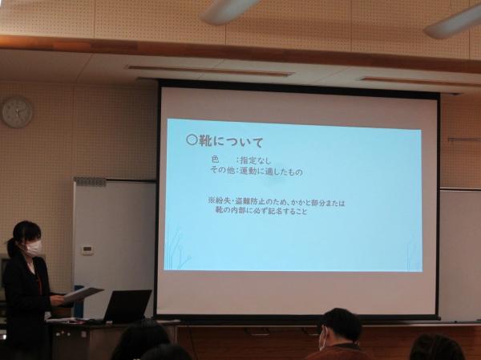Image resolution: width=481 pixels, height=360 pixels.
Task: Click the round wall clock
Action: tap(17, 112)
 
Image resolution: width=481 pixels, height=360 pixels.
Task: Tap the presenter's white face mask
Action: tap(33, 248)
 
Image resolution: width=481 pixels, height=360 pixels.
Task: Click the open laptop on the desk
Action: tap(127, 305)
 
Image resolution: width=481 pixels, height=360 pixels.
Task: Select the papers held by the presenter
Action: tap(83, 293)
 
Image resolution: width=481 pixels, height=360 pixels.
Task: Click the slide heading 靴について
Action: tap(232, 142)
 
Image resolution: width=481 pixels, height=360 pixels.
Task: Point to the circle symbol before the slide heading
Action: tap(191, 140)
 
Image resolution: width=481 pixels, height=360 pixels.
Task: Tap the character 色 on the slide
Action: tap(215, 160)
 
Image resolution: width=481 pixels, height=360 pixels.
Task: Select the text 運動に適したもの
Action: tap(271, 172)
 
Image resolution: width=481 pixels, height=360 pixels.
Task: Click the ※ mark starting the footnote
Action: tap(211, 200)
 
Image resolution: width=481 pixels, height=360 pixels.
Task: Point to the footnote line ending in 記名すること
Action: tap(261, 211)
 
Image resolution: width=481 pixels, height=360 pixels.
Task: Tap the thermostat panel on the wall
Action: tap(87, 250)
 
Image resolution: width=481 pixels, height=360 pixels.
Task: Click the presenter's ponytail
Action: tap(10, 247)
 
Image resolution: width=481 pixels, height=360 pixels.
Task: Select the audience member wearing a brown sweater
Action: tap(339, 335)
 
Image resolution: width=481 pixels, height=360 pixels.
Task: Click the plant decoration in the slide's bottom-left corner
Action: tap(177, 249)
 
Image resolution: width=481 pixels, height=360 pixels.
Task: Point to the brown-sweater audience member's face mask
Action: tap(322, 339)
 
